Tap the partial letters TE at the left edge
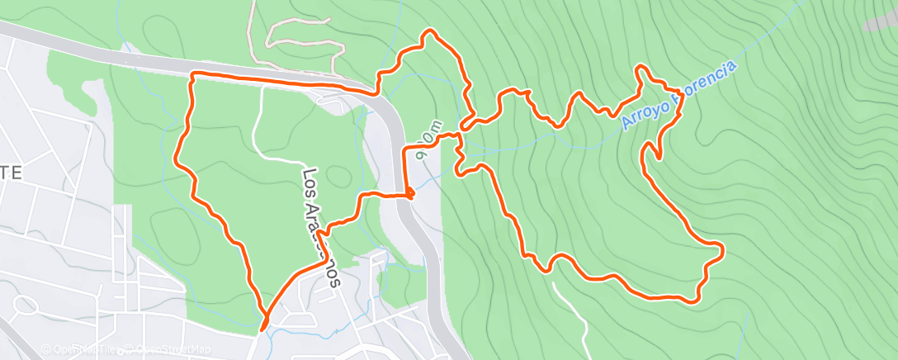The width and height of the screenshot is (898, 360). click(12, 173)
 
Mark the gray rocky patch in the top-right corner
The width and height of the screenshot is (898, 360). click(880, 21)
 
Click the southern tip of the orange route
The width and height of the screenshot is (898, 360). click(263, 329)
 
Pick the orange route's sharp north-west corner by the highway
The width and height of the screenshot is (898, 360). click(192, 75)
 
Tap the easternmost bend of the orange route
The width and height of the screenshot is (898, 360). click(722, 248)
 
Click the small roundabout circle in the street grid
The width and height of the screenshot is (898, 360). click(25, 307)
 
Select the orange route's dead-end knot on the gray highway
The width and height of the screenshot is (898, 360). click(409, 194)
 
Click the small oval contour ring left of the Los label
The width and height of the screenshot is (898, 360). click(336, 176)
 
